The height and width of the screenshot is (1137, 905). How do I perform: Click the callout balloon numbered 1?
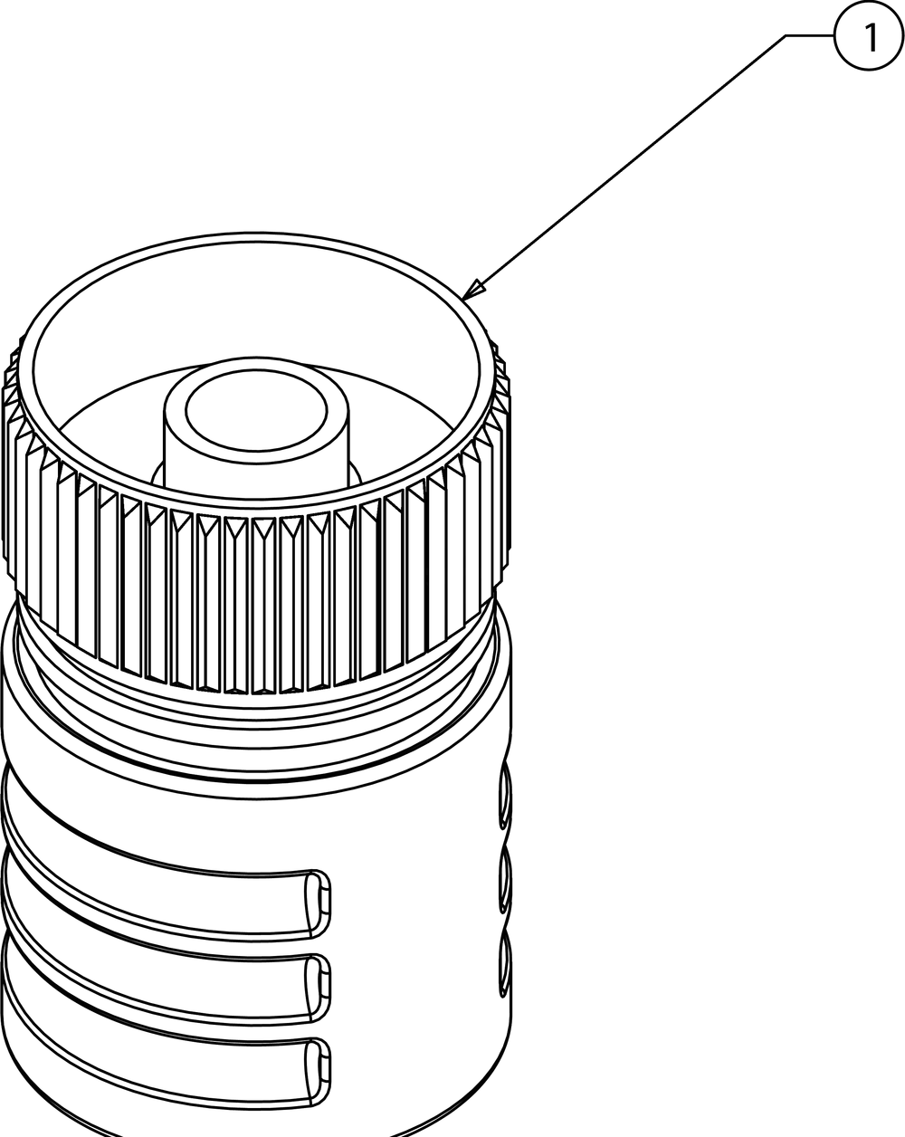[869, 36]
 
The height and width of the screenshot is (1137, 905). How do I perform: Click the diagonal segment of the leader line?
[624, 167]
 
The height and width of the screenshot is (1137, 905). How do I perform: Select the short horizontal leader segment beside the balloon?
[810, 36]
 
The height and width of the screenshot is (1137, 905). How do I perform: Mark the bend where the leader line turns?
[786, 36]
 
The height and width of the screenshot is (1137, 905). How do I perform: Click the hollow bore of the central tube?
[256, 410]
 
